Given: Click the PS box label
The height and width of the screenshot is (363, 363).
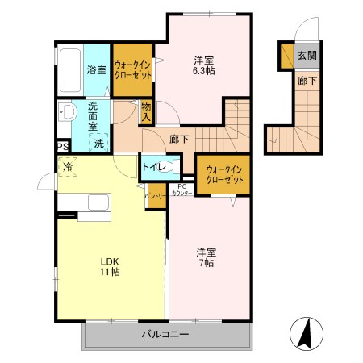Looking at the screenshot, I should click(62, 146).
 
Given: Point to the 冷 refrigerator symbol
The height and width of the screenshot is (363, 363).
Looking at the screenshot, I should click(68, 167).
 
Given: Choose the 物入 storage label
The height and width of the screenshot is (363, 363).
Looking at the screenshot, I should click(146, 111).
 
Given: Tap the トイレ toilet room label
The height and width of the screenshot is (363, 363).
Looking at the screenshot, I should click(152, 167).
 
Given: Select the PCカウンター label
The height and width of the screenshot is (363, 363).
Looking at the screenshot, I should click(181, 190).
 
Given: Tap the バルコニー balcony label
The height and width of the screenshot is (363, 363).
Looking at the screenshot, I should click(165, 333).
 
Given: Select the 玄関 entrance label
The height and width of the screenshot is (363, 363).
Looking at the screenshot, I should click(306, 56).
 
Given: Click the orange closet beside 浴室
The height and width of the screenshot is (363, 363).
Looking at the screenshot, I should click(132, 71).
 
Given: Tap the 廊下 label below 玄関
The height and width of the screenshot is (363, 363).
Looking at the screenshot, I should click(306, 81).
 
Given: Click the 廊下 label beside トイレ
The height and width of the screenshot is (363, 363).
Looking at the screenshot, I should click(179, 139).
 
